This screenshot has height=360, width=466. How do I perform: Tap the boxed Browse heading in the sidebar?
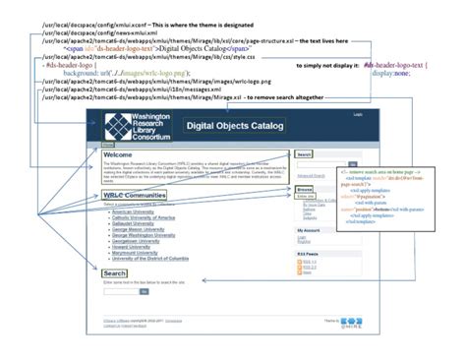[x=305, y=187]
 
